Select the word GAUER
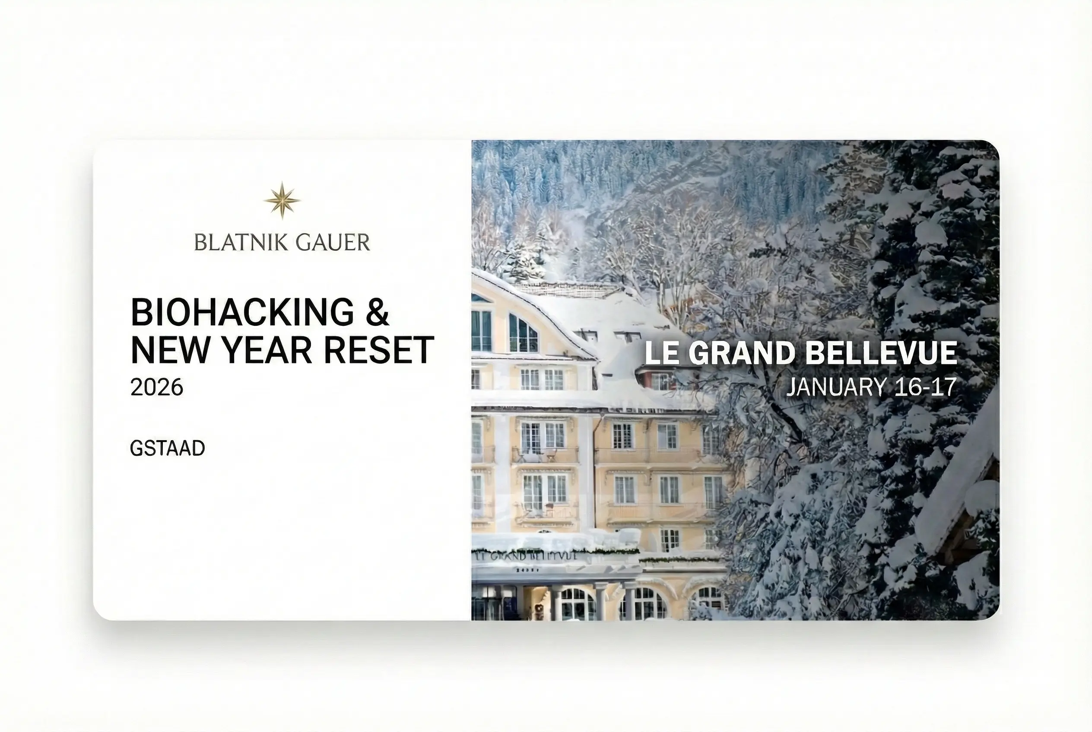tap(333, 243)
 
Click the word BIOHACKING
tap(242, 312)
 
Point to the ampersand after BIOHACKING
tap(378, 312)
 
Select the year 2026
tap(156, 388)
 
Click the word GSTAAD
tap(167, 448)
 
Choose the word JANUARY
tap(836, 388)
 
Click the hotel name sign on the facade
tap(526, 556)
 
